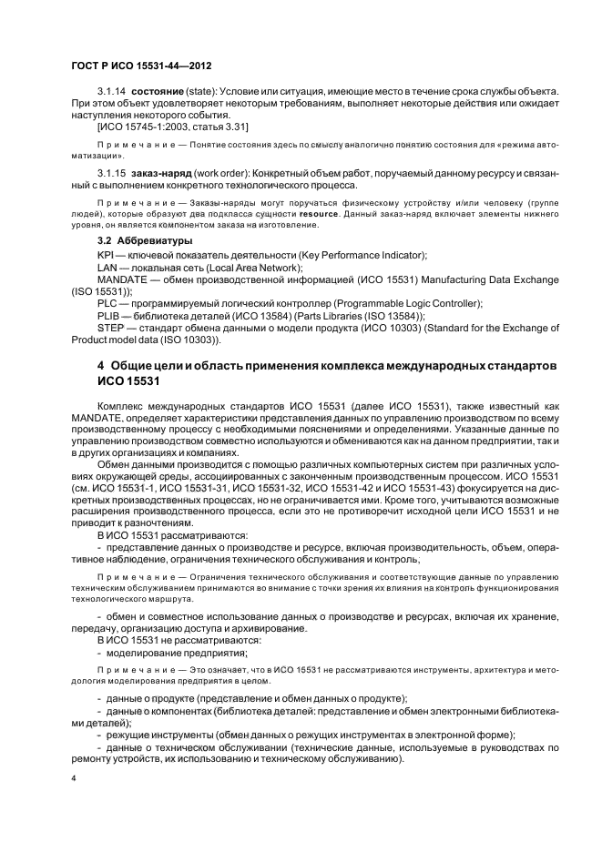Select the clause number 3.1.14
(x=112, y=93)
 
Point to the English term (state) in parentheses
(x=208, y=93)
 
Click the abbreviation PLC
(x=107, y=303)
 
